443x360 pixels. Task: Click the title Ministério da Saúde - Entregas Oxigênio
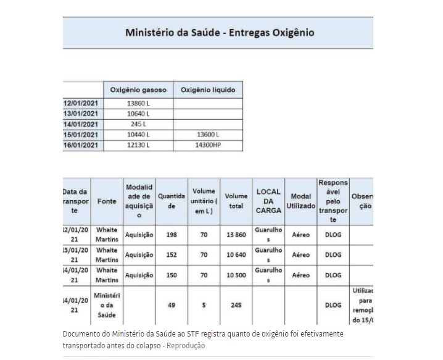[219, 32]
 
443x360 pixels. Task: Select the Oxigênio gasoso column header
[138, 90]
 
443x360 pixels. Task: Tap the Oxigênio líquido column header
[208, 90]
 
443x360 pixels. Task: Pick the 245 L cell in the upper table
[138, 124]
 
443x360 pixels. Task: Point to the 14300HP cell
[208, 144]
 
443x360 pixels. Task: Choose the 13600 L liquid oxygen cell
[208, 135]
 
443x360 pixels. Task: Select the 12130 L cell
[138, 144]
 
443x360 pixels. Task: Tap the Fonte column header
[107, 201]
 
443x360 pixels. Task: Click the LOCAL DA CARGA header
[269, 201]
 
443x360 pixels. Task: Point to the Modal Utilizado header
[300, 201]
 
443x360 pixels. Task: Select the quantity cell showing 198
[172, 235]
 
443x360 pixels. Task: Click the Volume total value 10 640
[236, 254]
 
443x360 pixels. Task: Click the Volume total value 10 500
[236, 275]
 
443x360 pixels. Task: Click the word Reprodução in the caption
[186, 346]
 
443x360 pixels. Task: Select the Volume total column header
[236, 201]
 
